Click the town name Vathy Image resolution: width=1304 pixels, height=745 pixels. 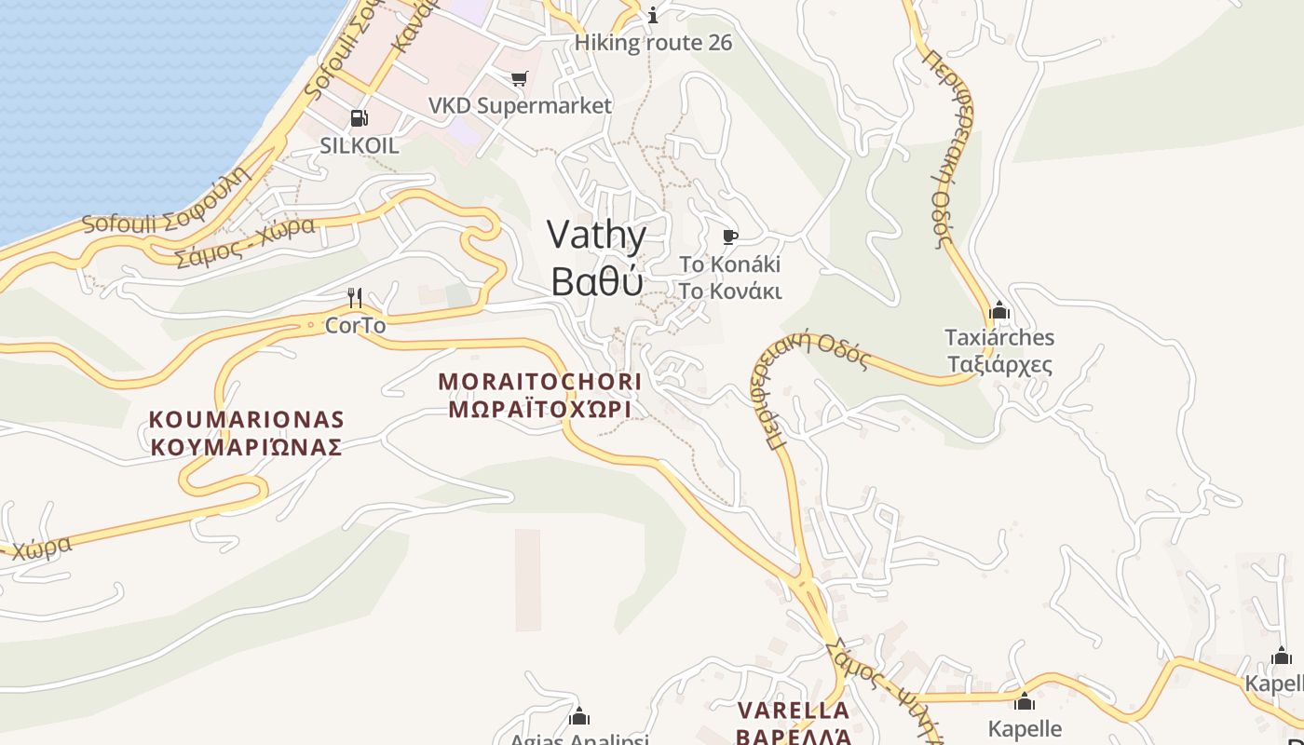(x=596, y=237)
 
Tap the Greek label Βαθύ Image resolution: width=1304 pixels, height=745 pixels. (x=596, y=280)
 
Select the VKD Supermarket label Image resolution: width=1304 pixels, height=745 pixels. (x=520, y=105)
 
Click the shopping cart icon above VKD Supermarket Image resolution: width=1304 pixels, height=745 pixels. (x=519, y=79)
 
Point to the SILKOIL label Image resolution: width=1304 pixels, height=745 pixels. (x=359, y=145)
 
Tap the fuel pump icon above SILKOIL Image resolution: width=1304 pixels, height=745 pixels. (x=359, y=118)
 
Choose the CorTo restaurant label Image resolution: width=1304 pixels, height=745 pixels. (x=355, y=326)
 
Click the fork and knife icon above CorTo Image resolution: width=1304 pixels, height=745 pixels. (x=355, y=298)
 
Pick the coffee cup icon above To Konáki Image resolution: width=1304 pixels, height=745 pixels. (x=730, y=237)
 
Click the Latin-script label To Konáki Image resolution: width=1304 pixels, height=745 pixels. (x=730, y=264)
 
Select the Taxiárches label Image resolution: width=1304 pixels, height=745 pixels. (x=999, y=337)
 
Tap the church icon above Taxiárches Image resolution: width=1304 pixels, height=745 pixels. (x=999, y=310)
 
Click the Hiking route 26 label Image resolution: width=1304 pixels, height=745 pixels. (x=653, y=43)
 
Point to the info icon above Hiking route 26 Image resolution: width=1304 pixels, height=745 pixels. (x=653, y=15)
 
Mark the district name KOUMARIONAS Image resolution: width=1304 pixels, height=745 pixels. (x=246, y=420)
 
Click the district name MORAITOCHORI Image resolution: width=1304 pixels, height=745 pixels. (x=540, y=382)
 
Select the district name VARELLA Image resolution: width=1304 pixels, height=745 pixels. (x=794, y=711)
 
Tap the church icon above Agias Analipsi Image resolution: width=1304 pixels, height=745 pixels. (x=579, y=716)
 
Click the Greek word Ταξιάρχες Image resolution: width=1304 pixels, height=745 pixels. (x=999, y=364)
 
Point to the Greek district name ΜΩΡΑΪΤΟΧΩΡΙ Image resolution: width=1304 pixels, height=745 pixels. (x=540, y=410)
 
